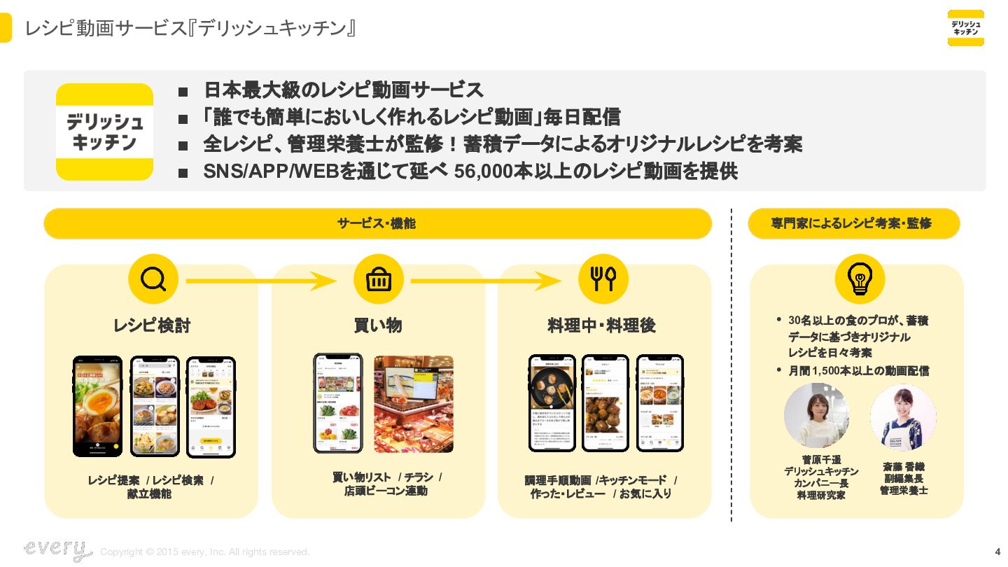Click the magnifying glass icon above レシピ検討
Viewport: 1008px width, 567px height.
[153, 279]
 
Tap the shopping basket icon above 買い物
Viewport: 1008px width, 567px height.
[378, 279]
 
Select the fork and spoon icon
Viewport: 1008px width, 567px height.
[603, 279]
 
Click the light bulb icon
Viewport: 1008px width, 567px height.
[860, 279]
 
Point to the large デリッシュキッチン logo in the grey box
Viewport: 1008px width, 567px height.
[104, 132]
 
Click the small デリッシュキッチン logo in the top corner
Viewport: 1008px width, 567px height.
[965, 28]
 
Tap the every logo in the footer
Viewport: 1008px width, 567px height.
[57, 549]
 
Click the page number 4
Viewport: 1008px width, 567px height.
[997, 552]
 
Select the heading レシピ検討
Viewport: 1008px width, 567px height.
[152, 326]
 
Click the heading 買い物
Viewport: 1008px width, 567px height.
[378, 326]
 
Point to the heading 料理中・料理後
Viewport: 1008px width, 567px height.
[601, 326]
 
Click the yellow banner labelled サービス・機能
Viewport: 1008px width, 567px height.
[377, 224]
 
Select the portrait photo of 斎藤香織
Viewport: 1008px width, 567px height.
[903, 417]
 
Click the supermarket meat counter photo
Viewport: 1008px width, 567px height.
[413, 404]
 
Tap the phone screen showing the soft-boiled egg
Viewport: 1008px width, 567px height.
[98, 406]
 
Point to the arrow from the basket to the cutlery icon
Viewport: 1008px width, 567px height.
[486, 281]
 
